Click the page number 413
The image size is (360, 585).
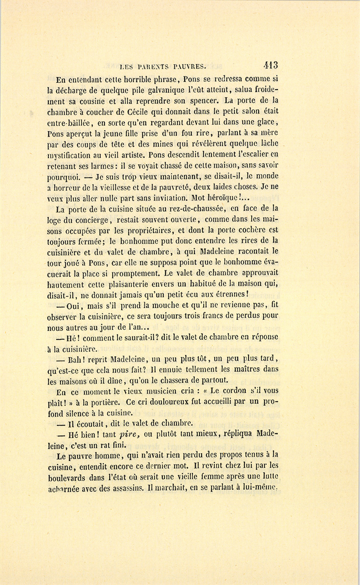click(270, 65)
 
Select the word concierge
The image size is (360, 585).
click(90, 220)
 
